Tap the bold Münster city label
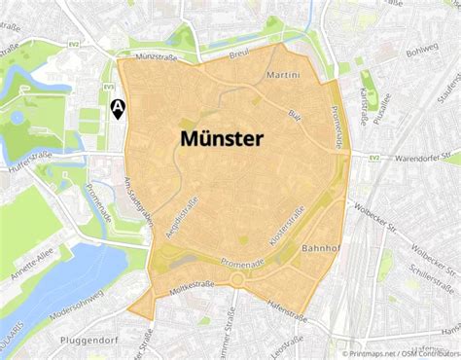click(221, 139)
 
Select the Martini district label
click(282, 75)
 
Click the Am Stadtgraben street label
click(139, 198)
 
